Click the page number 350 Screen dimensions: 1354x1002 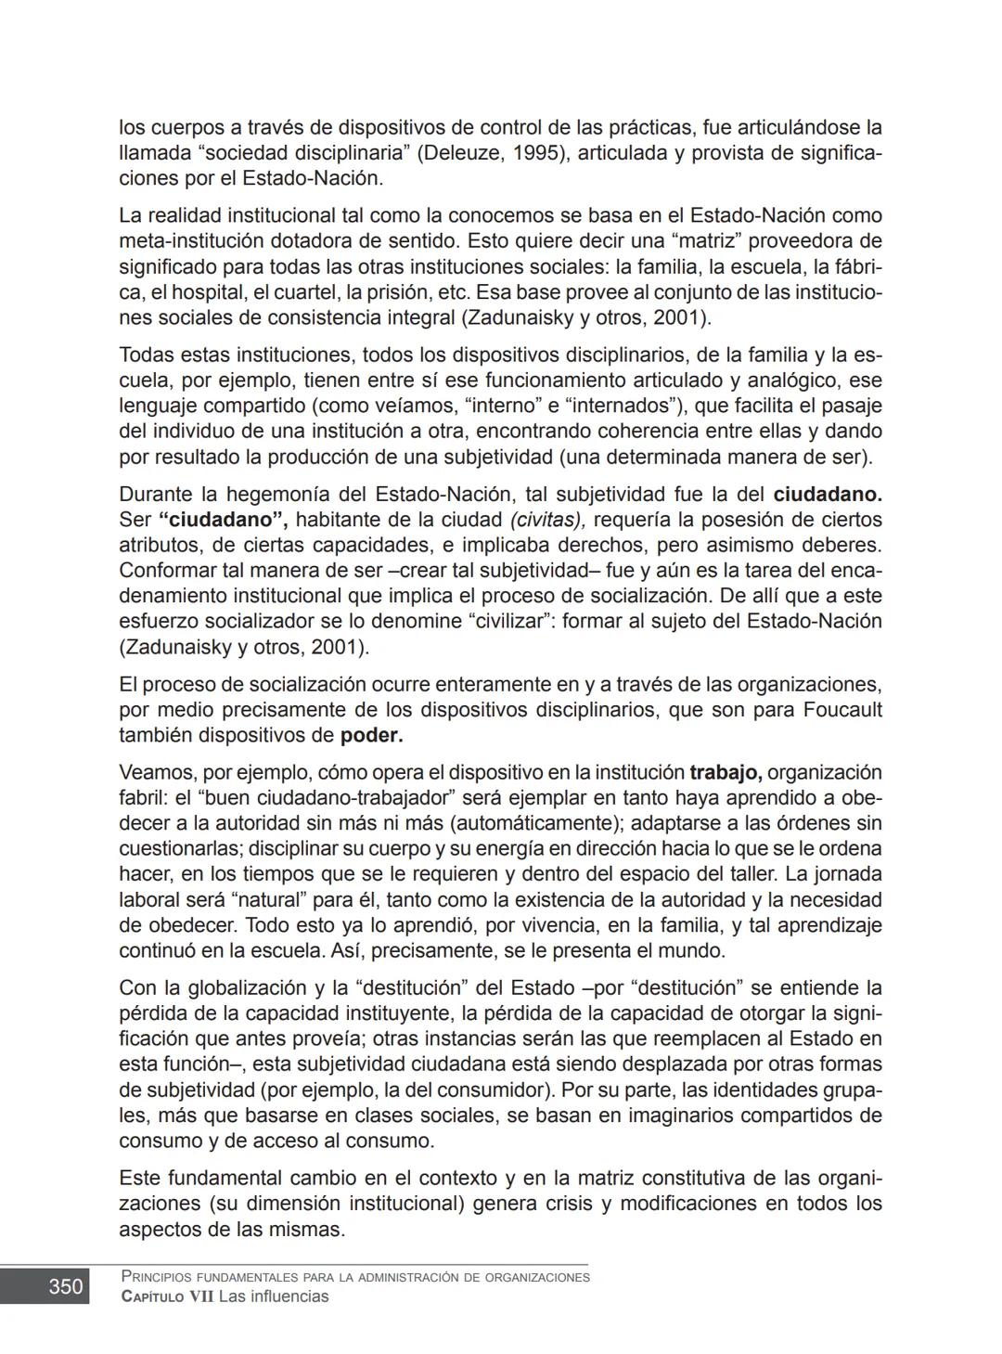(65, 1286)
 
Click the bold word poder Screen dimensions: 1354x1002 (371, 736)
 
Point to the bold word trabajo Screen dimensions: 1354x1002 (726, 773)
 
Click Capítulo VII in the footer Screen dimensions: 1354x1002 (167, 1296)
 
